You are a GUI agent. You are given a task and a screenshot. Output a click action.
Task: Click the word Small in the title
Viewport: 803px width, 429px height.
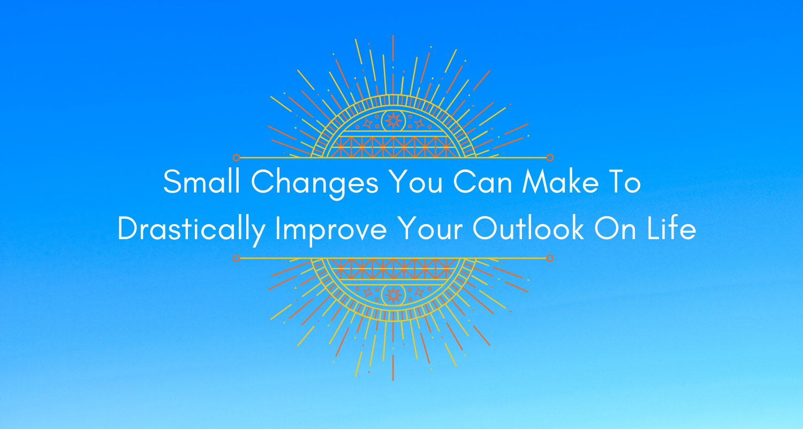[x=201, y=182]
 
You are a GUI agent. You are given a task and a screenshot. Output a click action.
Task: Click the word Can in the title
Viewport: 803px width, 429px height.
[x=482, y=182]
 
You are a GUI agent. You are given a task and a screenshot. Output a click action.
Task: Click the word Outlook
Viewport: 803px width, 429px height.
[x=528, y=228]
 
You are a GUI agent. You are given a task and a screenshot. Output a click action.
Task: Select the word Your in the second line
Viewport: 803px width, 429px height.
[x=430, y=228]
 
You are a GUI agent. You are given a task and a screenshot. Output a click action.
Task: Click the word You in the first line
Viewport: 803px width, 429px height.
[x=416, y=182]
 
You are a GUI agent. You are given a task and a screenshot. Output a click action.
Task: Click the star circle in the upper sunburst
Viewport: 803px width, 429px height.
[x=393, y=121]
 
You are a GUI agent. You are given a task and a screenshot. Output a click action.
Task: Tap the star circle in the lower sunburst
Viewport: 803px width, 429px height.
[x=393, y=295]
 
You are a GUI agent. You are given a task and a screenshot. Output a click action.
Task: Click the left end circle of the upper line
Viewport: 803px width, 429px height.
[x=236, y=158]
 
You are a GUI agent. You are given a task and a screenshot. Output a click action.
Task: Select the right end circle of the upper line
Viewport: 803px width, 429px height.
[x=550, y=158]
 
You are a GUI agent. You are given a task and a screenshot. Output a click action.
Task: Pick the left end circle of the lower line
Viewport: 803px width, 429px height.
[x=236, y=258]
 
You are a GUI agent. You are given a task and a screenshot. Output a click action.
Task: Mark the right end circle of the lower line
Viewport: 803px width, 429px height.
[x=550, y=258]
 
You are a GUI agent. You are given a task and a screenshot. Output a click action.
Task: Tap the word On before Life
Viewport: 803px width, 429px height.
[x=615, y=228]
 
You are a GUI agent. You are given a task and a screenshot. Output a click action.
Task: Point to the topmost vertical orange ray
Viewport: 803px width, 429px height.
[x=393, y=48]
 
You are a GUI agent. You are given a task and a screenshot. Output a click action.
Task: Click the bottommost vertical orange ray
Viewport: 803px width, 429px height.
[x=393, y=368]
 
